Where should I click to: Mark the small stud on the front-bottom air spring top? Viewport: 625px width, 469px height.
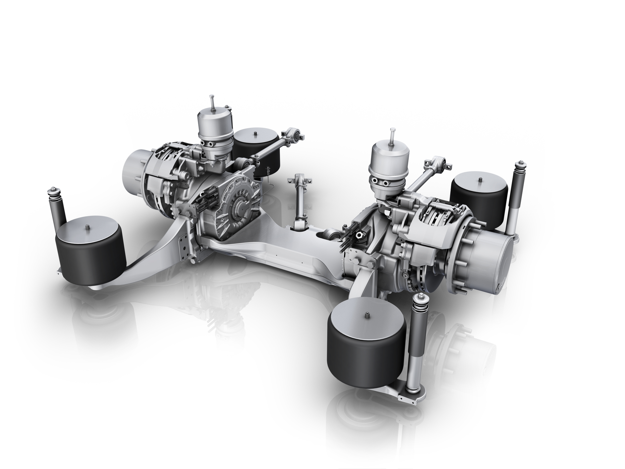click(367, 315)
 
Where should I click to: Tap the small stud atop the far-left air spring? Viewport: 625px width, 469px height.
click(88, 227)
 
